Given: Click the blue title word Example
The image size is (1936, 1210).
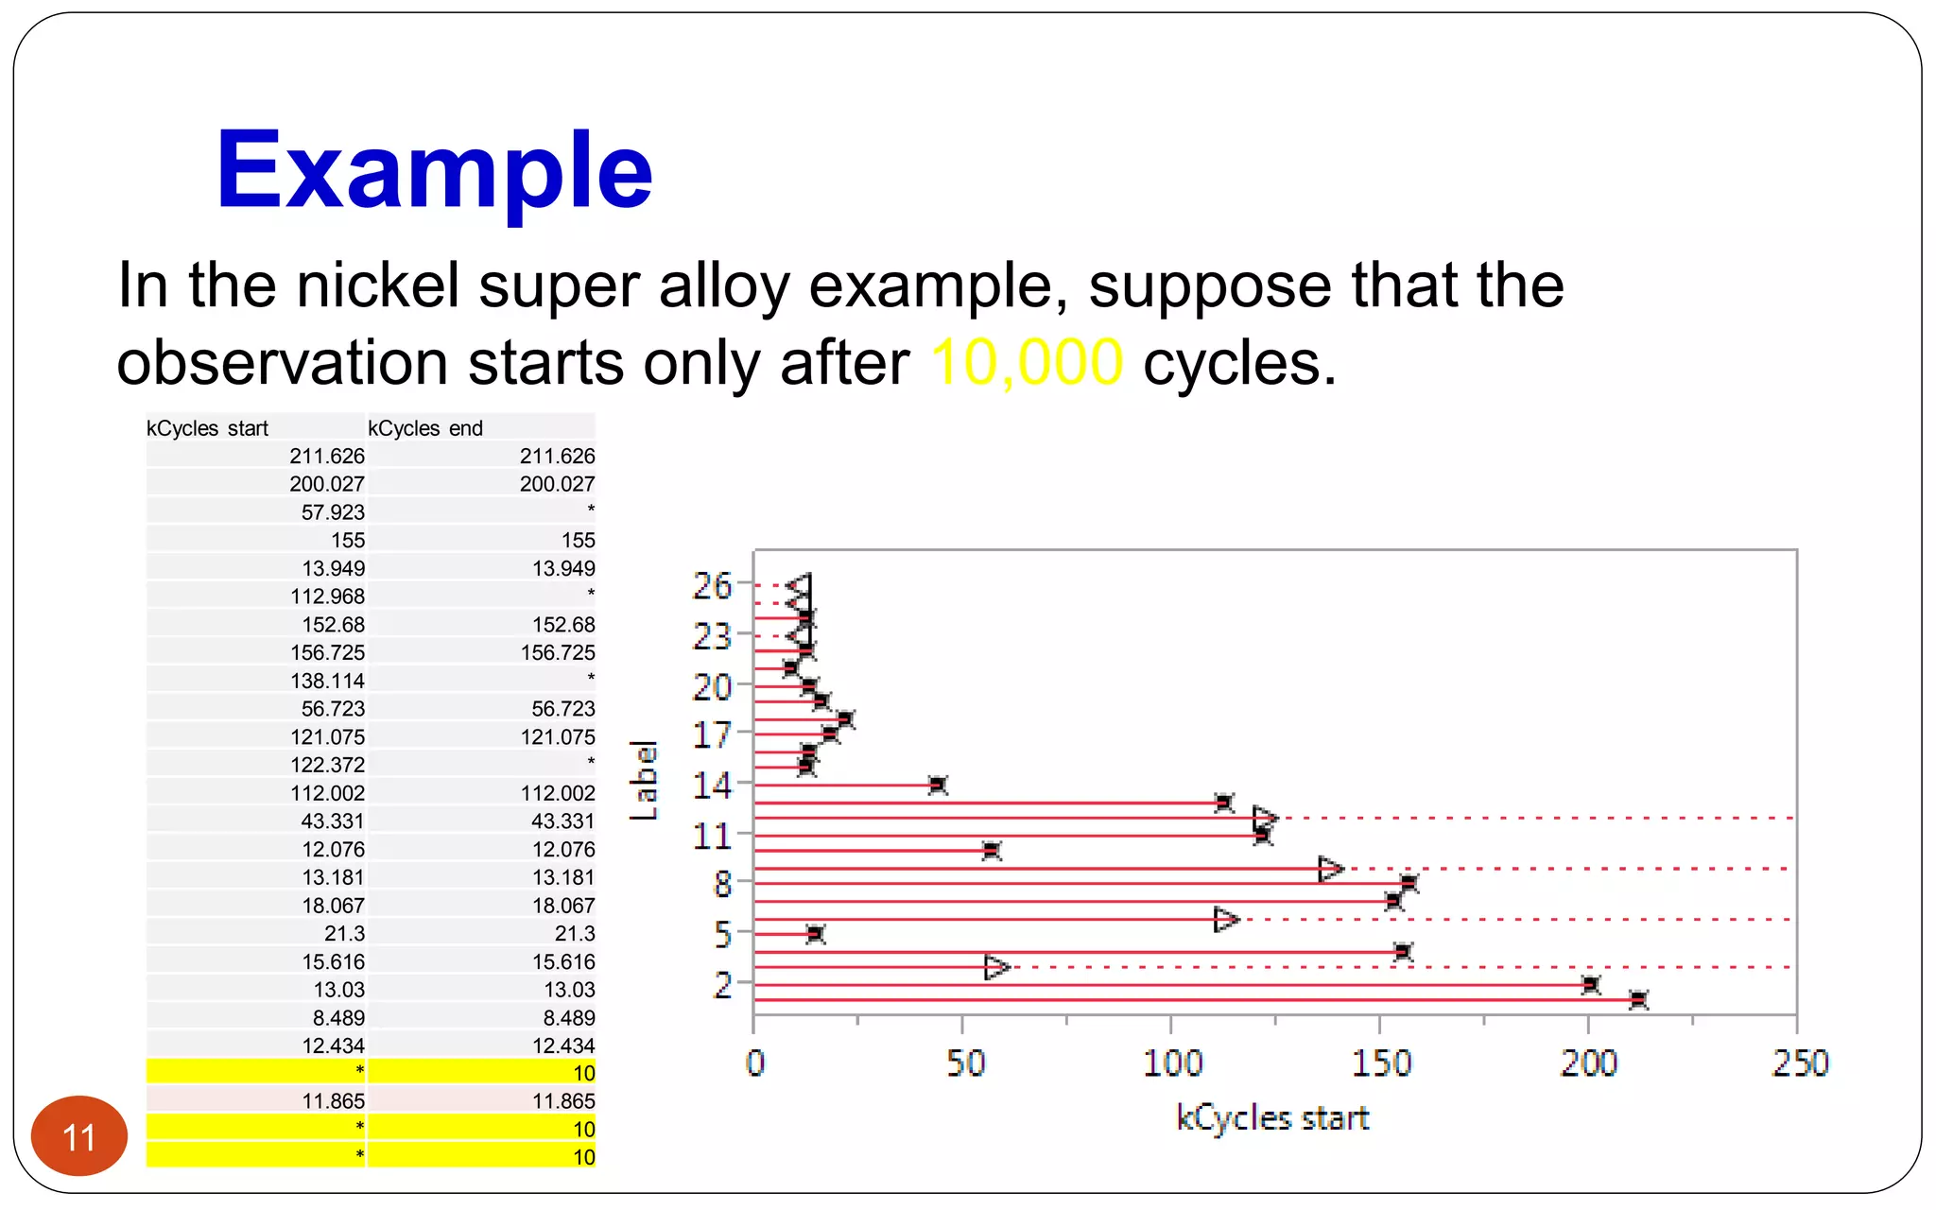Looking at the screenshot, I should pos(434,171).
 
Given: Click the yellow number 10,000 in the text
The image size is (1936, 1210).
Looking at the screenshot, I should pos(1027,363).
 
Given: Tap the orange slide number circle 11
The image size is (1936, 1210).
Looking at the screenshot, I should pos(79,1136).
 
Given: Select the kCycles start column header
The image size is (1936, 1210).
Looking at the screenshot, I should pos(208,428).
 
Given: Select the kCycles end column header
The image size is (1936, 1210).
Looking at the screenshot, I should pos(425,428).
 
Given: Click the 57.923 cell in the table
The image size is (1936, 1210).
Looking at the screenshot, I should pos(332,512).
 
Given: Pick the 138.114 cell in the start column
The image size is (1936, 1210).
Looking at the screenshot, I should pos(327,681).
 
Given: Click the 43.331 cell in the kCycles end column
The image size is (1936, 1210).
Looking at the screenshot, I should pos(562,821).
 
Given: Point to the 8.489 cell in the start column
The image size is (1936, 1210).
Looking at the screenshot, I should pos(338,1018).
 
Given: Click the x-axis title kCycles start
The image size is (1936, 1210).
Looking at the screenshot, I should pos(1272,1118).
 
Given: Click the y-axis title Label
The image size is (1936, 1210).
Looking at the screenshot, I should pos(644,781).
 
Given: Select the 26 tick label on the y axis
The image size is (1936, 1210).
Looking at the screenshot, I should pos(712,586).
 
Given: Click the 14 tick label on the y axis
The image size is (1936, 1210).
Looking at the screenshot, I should pos(712,786).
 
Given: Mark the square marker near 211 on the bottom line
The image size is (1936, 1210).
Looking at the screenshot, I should pos(1638,999).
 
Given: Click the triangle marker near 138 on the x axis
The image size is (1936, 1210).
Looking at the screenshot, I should pos(1329,868).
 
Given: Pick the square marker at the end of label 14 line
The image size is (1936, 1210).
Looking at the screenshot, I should pos(937,785).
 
